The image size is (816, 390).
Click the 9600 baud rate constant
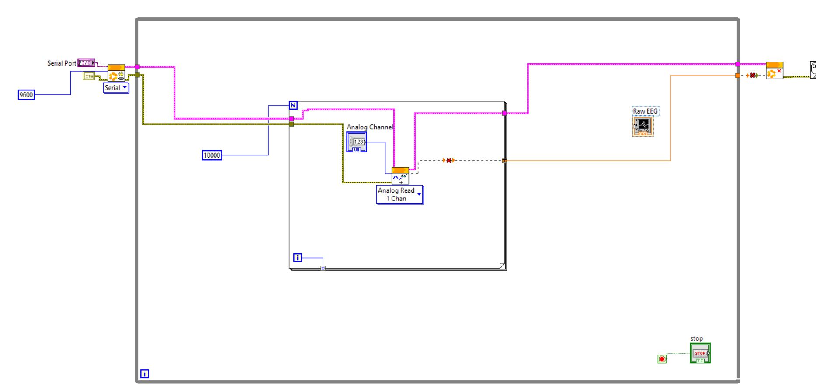[26, 95]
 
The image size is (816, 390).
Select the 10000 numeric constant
[212, 155]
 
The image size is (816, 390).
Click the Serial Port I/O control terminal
[86, 63]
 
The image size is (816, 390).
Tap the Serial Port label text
[62, 63]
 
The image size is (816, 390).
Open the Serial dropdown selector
[116, 88]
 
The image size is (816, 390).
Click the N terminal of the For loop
[293, 105]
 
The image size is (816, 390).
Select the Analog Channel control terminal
[357, 142]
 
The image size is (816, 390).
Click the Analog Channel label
[370, 127]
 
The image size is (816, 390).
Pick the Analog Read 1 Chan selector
[399, 195]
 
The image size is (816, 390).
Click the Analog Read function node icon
[400, 176]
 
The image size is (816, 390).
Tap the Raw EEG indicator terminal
[642, 127]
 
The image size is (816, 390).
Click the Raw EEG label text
[645, 111]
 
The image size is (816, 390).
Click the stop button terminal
[700, 353]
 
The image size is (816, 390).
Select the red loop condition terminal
[662, 359]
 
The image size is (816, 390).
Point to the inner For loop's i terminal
[298, 258]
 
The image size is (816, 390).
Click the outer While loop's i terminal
[145, 374]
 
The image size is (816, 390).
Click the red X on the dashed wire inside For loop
[449, 161]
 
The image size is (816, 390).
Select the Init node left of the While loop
[116, 73]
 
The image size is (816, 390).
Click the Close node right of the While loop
[774, 71]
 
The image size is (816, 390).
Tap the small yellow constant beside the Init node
[89, 76]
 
